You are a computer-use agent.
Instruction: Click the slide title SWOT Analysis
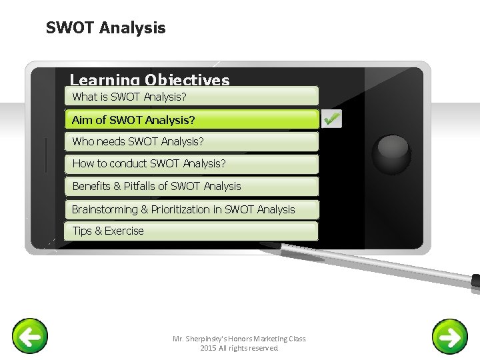tap(105, 28)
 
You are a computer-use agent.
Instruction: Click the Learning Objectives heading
tap(149, 81)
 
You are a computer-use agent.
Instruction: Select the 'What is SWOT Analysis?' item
tap(191, 97)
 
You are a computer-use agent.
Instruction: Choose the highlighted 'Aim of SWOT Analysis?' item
tap(191, 120)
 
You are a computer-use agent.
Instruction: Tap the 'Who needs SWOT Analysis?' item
tap(191, 141)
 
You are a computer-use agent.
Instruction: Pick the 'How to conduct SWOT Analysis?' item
tap(191, 163)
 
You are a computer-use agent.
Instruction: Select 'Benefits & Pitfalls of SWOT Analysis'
tap(191, 186)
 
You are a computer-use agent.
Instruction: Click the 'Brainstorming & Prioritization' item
tap(191, 209)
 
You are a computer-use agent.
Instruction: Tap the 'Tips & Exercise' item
tap(191, 231)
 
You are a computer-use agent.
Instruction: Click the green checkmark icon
tap(331, 119)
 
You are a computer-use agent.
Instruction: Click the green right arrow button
tap(450, 337)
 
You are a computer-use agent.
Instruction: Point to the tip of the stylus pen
tap(263, 245)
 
